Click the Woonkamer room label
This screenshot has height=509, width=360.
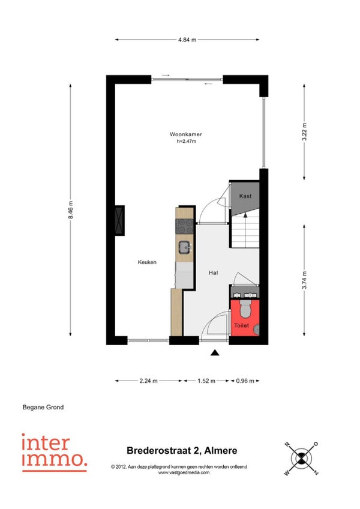(x=185, y=134)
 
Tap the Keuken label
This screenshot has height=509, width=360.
(x=147, y=262)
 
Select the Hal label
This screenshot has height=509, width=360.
(x=213, y=273)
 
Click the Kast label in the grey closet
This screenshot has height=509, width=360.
(x=245, y=196)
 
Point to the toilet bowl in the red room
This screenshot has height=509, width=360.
(x=245, y=309)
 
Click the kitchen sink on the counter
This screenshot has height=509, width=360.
(x=185, y=247)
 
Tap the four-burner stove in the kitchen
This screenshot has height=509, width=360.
(x=185, y=226)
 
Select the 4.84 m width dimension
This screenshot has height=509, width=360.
(x=187, y=40)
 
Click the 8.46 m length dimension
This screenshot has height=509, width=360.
(x=70, y=209)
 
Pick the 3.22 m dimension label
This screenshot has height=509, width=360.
(x=304, y=132)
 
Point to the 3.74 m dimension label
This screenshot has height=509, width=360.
(x=304, y=280)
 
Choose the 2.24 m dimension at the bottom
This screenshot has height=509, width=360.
(x=149, y=381)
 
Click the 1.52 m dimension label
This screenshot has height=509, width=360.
(x=206, y=381)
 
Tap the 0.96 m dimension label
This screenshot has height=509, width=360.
(x=245, y=381)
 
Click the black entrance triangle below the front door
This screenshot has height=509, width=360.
(x=215, y=353)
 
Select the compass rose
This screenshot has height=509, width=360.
(x=301, y=459)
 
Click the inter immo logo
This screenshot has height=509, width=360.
(x=54, y=452)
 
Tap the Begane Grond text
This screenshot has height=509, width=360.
(x=43, y=408)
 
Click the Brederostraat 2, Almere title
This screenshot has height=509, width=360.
(x=182, y=451)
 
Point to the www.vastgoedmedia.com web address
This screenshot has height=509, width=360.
(x=184, y=472)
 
